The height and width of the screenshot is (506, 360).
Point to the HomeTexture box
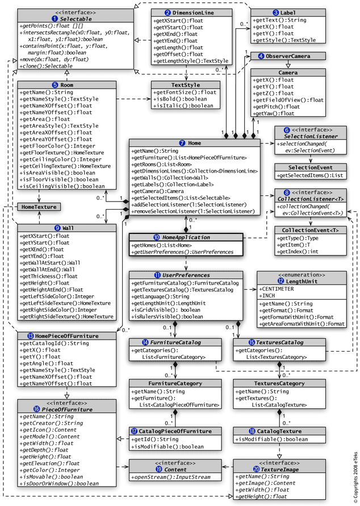(39, 207)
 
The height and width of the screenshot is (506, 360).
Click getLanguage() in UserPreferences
(161, 296)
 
